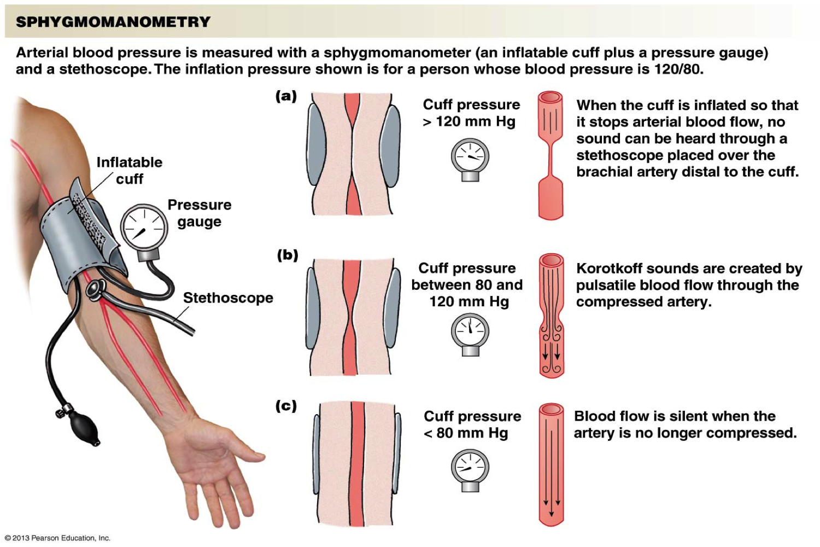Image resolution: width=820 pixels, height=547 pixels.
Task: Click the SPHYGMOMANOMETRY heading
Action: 113,22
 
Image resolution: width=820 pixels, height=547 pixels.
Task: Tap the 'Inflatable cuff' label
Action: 130,170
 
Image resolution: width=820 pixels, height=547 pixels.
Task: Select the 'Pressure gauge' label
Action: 200,213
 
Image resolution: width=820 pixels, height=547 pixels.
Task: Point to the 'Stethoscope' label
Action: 228,298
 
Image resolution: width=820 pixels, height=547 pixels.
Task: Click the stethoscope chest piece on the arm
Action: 96,289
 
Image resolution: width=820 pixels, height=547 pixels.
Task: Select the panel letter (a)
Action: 286,96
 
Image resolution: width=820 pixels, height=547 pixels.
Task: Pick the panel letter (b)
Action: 288,255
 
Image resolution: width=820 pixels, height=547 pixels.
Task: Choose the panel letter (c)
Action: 286,406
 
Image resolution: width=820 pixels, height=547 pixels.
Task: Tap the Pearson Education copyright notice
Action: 58,538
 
